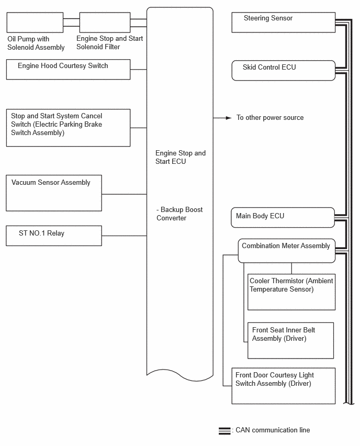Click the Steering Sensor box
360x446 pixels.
283,22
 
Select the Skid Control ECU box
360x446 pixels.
283,70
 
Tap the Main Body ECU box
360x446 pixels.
283,218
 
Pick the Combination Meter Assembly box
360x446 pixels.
286,251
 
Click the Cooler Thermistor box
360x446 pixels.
291,292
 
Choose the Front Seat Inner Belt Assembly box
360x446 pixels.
290,340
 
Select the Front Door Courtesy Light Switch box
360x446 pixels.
283,386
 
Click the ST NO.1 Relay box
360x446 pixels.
54,236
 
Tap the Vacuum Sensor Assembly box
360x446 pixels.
54,193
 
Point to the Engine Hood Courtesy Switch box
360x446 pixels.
68,70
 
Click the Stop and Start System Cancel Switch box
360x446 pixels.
68,128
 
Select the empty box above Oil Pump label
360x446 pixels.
35,23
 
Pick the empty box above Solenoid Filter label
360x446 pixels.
105,23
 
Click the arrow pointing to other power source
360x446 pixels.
222,118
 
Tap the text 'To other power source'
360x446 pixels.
270,117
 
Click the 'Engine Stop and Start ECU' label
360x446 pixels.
181,157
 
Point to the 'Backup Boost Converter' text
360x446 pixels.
179,214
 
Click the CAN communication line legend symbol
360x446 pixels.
224,431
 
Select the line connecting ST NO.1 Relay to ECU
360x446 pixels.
124,236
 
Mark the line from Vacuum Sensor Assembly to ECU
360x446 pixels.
124,194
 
